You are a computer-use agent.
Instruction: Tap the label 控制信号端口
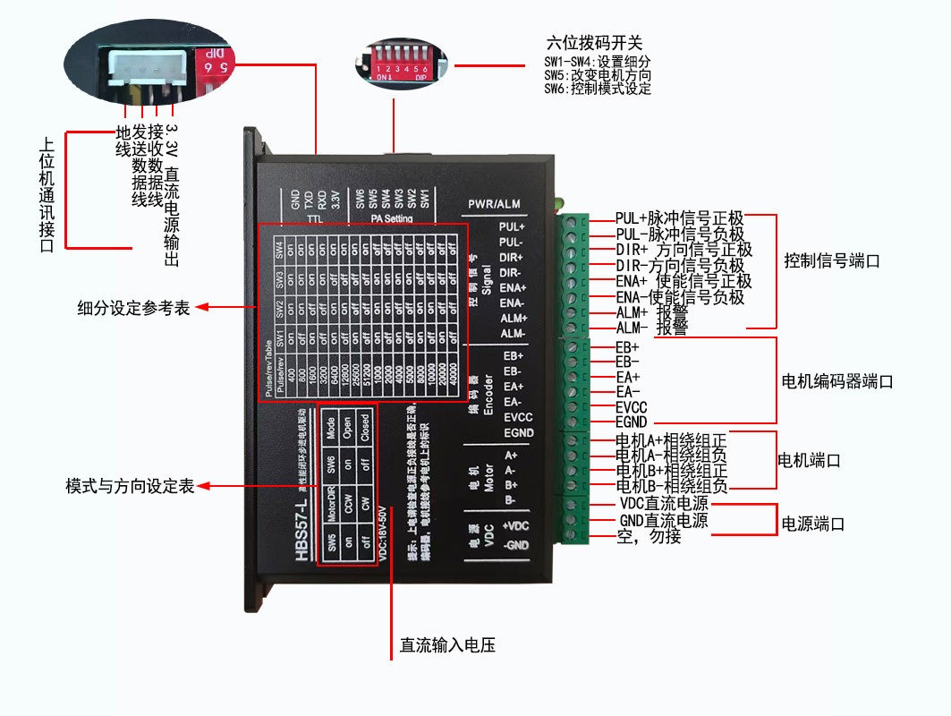[832, 262]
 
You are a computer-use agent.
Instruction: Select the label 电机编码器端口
[837, 381]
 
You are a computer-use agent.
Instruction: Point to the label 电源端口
[813, 524]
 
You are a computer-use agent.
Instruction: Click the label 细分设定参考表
[133, 308]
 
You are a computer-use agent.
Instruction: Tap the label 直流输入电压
[446, 645]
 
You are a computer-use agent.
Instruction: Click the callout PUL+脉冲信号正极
[679, 218]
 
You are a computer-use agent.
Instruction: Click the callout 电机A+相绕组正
[671, 440]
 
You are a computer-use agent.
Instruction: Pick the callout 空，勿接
[650, 537]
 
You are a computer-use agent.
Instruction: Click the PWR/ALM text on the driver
[494, 203]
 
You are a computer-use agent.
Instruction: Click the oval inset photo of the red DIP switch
[398, 61]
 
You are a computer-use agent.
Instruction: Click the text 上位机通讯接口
[47, 194]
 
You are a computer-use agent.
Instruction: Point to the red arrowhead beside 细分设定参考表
[201, 307]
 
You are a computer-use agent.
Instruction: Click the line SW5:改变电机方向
[598, 76]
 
